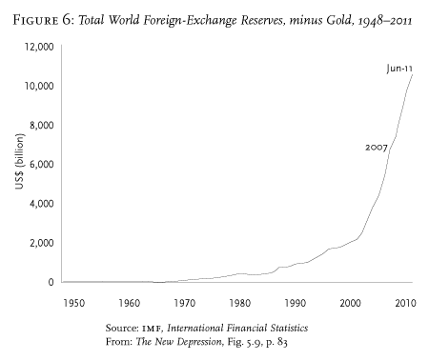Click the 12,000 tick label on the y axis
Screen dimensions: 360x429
point(39,47)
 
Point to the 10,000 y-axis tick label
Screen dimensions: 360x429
point(39,86)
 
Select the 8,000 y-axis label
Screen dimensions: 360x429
point(42,125)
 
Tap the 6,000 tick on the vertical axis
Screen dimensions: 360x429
point(42,164)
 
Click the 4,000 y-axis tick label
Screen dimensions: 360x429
point(42,203)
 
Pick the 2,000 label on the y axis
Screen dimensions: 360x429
point(42,243)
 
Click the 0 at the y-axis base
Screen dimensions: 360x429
point(52,282)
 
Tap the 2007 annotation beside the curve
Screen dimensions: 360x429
point(376,148)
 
